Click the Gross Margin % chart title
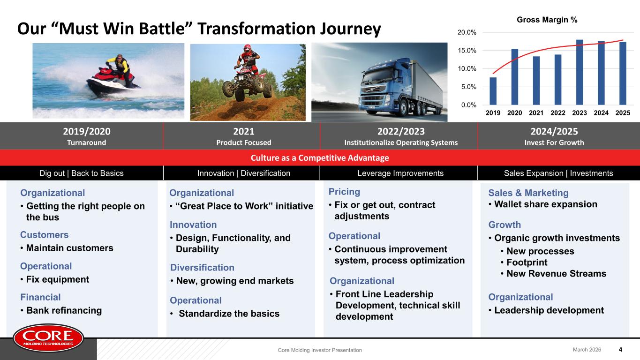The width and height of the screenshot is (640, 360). (x=547, y=20)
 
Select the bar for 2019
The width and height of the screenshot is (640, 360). (x=493, y=91)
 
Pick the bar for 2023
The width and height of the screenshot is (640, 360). (x=580, y=72)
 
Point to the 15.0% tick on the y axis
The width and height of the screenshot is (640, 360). (x=467, y=51)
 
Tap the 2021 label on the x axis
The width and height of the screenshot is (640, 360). (x=536, y=113)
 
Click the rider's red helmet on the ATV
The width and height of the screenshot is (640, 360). (x=247, y=49)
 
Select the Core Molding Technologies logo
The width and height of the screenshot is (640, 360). (x=48, y=337)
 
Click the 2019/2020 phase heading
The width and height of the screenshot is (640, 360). (x=87, y=131)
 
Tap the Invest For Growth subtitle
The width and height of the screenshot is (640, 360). (x=554, y=142)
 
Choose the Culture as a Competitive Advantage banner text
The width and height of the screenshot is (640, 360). (x=320, y=157)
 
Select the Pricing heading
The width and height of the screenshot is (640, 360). (x=344, y=192)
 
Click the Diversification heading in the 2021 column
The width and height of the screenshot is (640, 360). (x=202, y=268)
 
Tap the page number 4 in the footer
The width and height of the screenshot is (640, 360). (x=620, y=349)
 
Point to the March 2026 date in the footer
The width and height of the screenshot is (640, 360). (x=587, y=349)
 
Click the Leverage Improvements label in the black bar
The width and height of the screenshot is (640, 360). (x=400, y=173)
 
